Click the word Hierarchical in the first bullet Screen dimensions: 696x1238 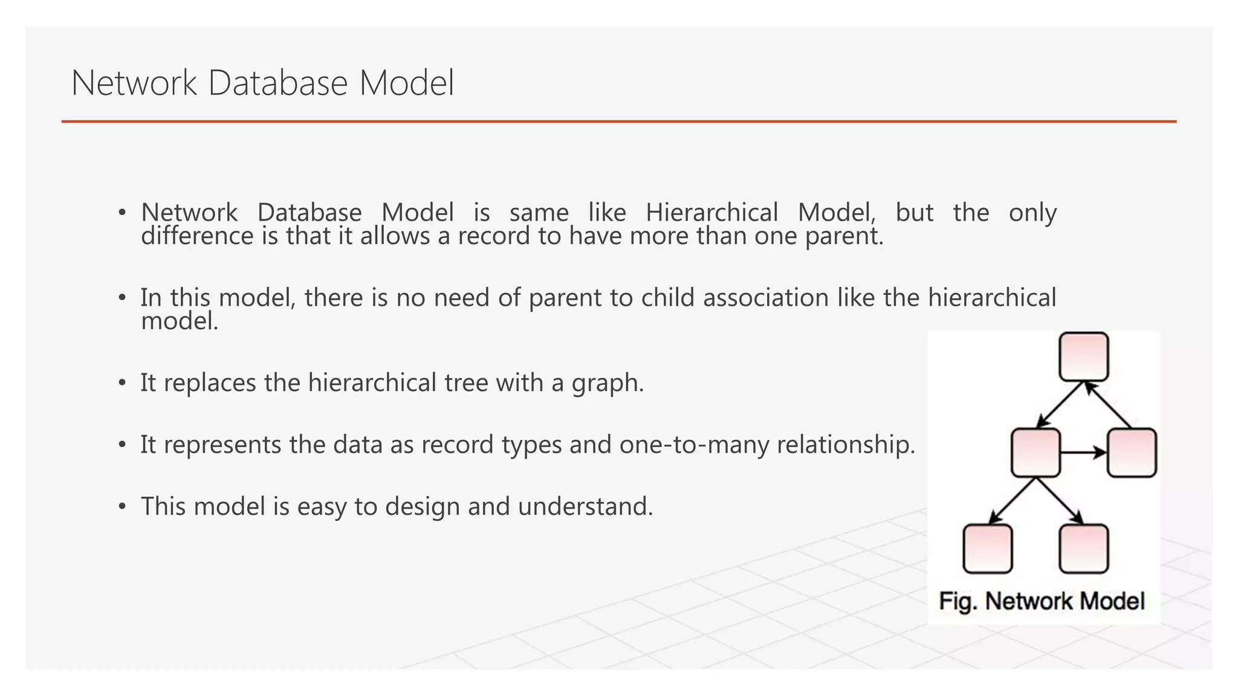point(711,213)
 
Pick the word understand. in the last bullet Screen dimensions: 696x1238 point(585,506)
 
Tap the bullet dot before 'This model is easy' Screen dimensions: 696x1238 point(122,506)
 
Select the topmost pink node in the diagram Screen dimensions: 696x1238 point(1084,356)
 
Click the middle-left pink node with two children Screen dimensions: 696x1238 point(1035,453)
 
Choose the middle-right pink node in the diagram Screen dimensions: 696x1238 point(1132,453)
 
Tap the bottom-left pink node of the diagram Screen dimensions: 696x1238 point(987,549)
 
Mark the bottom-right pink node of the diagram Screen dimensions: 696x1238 point(1084,549)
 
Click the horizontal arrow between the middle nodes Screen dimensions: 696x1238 point(1083,453)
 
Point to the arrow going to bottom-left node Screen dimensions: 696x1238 point(1013,500)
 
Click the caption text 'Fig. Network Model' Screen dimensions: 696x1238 point(1042,601)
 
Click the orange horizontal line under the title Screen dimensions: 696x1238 point(618,121)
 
